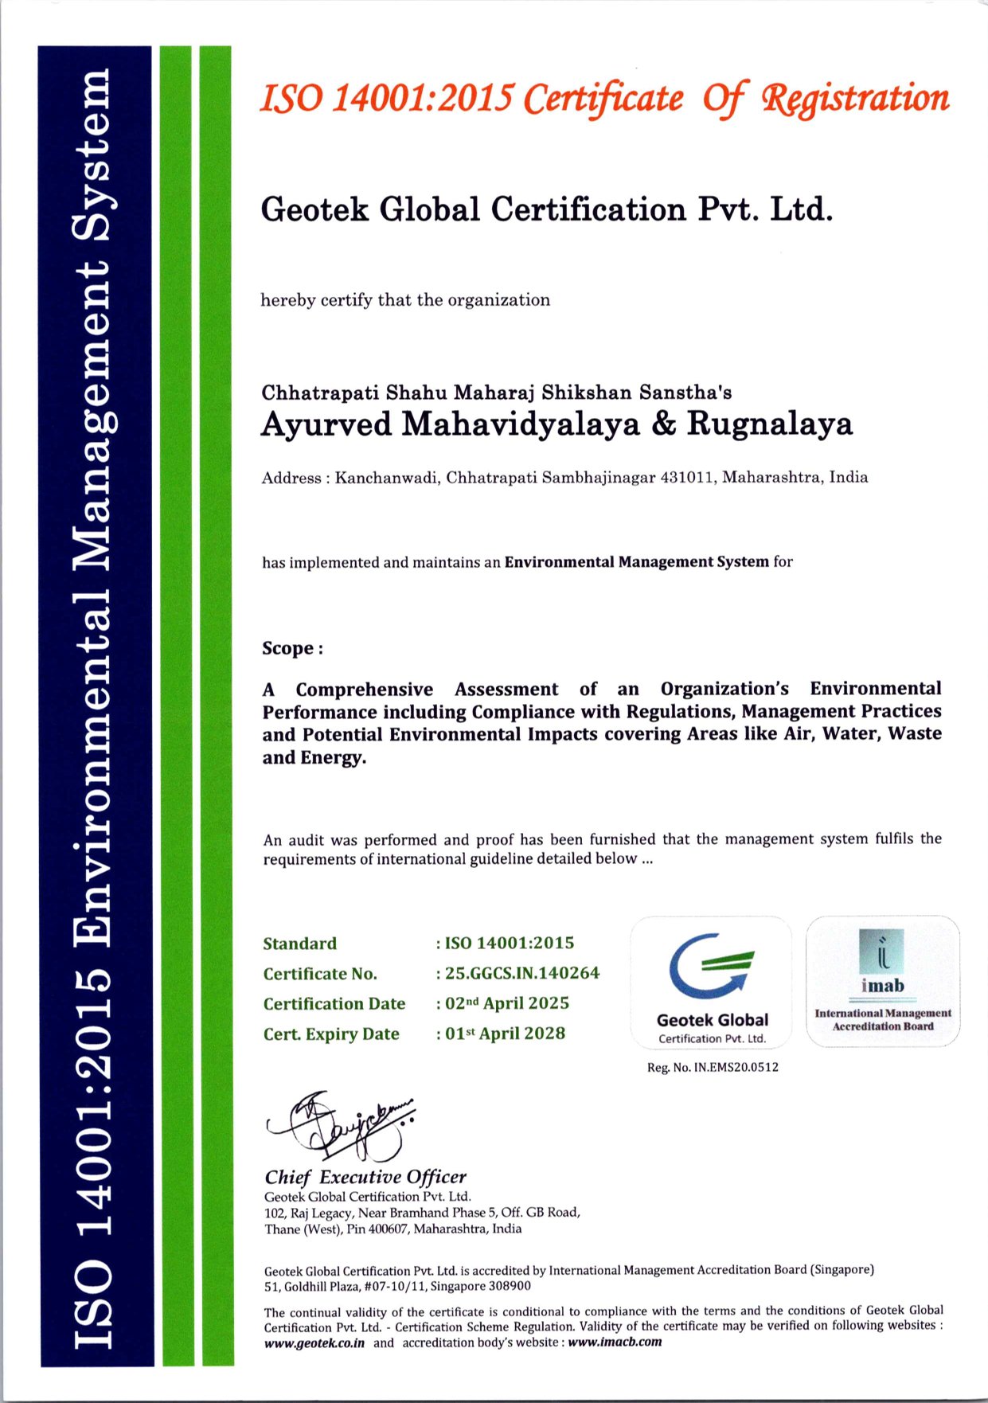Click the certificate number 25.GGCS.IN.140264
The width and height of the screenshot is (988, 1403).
[521, 973]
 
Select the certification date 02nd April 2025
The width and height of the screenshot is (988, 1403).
[507, 1003]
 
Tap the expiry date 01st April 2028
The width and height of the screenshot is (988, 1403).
[505, 1034]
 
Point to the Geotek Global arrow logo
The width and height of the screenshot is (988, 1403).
[711, 966]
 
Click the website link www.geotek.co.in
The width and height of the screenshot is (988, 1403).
[314, 1342]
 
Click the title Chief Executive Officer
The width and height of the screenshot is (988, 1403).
[365, 1177]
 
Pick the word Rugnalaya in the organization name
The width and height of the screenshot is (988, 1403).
[770, 424]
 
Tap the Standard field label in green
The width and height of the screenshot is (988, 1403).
[300, 944]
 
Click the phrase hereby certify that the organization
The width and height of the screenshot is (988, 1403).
[405, 300]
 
